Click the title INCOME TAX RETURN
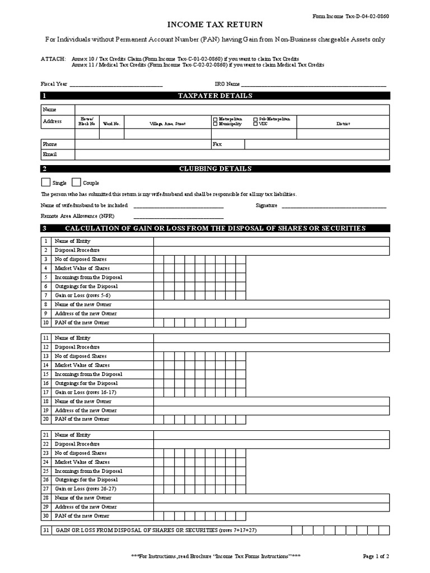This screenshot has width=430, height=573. (215, 25)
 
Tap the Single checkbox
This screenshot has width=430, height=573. (45, 182)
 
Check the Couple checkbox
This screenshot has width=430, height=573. (76, 182)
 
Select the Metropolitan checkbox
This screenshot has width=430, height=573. (215, 119)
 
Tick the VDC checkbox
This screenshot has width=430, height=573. (256, 124)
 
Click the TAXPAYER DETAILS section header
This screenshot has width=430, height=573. (215, 96)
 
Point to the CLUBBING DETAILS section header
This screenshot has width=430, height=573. (215, 168)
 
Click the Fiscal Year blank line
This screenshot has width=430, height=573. (115, 85)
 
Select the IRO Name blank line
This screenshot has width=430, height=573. (314, 85)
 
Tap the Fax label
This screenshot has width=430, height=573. (217, 144)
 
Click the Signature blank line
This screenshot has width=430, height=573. (334, 206)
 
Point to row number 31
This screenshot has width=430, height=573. (45, 530)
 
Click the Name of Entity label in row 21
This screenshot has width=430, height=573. (72, 435)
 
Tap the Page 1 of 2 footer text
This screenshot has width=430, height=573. (376, 556)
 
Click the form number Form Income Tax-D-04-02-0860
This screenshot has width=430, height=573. (350, 16)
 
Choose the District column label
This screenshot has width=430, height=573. (343, 124)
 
